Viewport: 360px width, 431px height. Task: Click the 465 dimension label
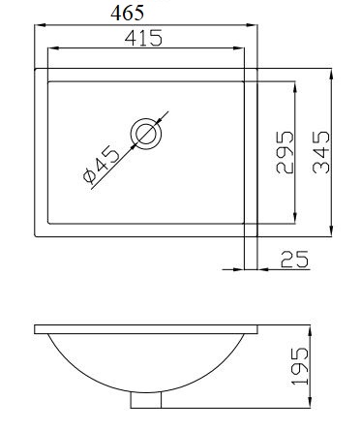pyautogui.click(x=127, y=14)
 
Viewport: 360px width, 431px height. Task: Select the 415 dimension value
pyautogui.click(x=143, y=38)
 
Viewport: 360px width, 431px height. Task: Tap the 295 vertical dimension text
pyautogui.click(x=285, y=152)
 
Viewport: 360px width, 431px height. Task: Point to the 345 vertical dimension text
pyautogui.click(x=321, y=152)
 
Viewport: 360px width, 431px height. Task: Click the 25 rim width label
pyautogui.click(x=294, y=260)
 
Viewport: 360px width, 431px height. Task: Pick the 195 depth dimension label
pyautogui.click(x=300, y=366)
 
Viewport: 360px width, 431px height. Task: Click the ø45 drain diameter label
pyautogui.click(x=101, y=164)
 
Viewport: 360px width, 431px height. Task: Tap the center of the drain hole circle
pyautogui.click(x=146, y=134)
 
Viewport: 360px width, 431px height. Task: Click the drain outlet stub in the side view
pyautogui.click(x=146, y=400)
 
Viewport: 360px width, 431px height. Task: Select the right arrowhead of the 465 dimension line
pyautogui.click(x=252, y=25)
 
